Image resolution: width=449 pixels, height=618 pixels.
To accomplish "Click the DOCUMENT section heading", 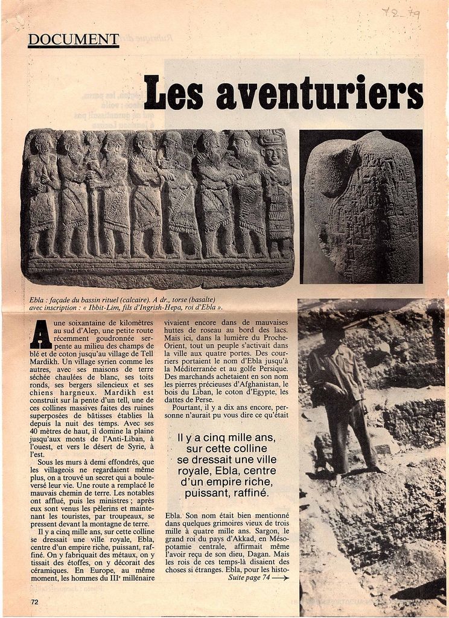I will [x=73, y=40].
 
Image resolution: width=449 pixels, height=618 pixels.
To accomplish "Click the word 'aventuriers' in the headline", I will [x=319, y=94].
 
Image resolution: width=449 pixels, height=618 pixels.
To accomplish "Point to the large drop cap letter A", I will [x=40, y=334].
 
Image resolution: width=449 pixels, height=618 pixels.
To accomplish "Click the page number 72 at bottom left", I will [x=34, y=601].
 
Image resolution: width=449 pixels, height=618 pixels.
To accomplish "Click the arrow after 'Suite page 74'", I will [x=281, y=578].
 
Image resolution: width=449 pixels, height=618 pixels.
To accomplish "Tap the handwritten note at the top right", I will [x=400, y=12].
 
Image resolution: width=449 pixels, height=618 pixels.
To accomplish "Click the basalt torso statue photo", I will [x=361, y=206].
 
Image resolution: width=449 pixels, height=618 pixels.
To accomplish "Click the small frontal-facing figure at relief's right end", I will [x=275, y=193].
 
